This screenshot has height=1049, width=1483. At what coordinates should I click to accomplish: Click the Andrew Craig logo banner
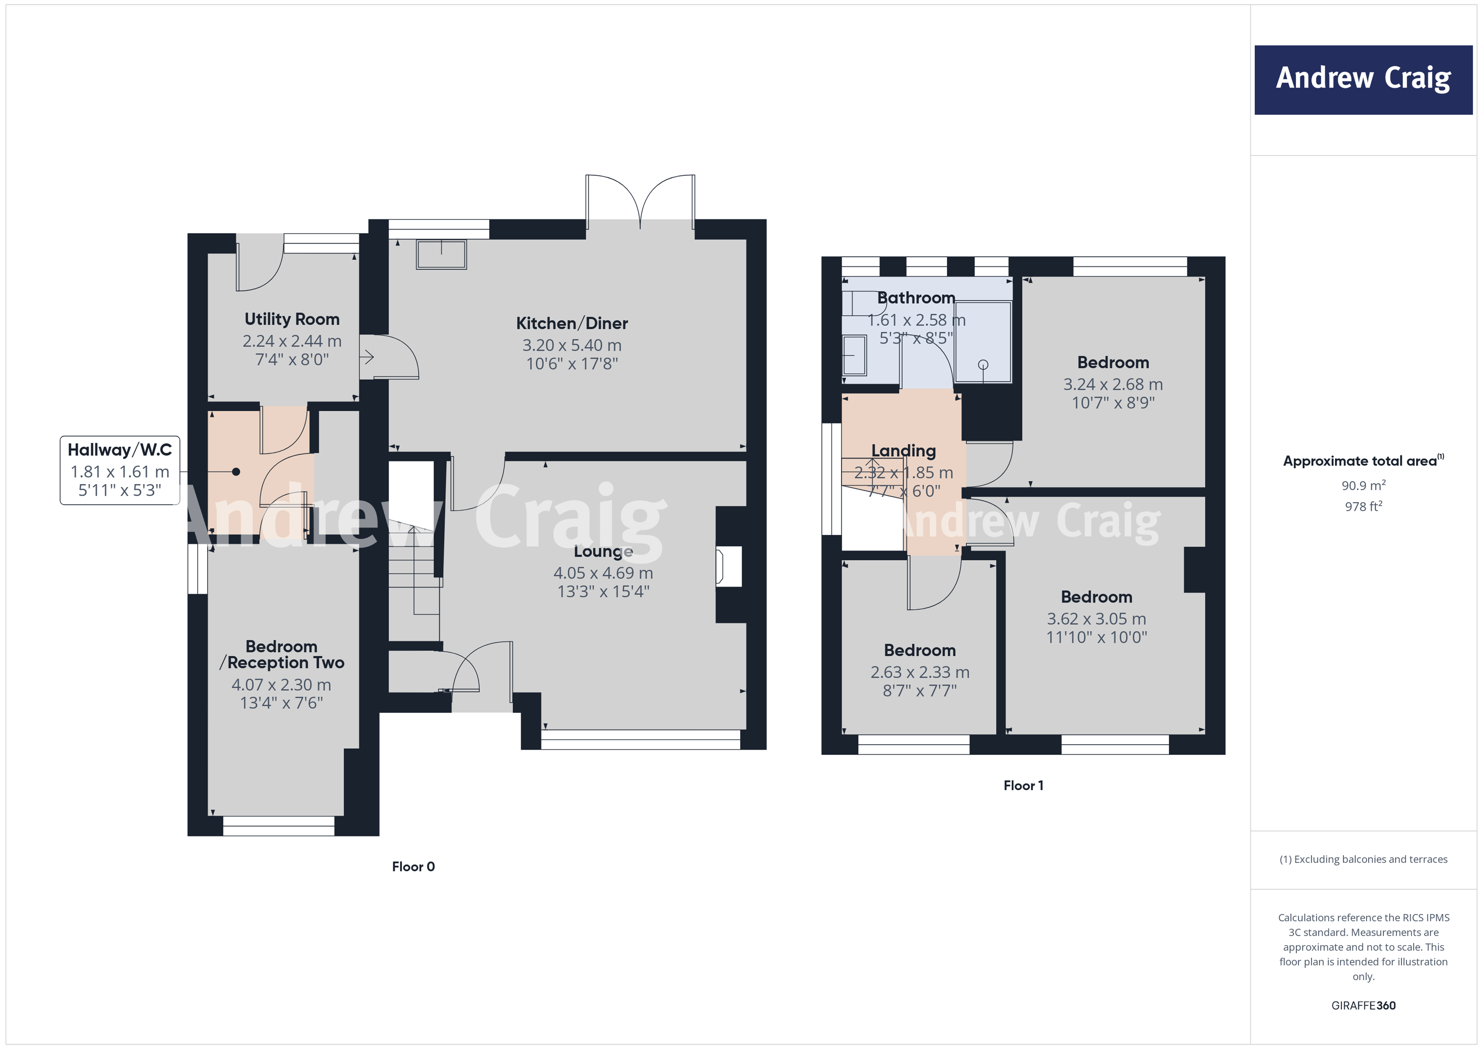[1363, 80]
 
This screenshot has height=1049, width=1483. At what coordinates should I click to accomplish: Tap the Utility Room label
[292, 319]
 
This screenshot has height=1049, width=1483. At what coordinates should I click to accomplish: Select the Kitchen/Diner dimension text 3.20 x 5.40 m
[572, 345]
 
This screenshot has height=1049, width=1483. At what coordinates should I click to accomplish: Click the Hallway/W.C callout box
[120, 470]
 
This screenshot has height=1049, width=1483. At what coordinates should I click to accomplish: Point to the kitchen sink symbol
[441, 254]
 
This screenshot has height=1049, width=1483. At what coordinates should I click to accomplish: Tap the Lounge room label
[603, 551]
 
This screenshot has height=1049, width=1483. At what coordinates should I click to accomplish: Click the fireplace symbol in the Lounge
[728, 566]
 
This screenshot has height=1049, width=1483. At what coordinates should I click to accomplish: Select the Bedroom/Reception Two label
[282, 654]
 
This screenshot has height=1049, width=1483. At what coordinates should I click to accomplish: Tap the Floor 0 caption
[413, 866]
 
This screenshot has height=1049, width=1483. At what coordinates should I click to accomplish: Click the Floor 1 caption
[1023, 786]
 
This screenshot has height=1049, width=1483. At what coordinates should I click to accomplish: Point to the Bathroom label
[915, 298]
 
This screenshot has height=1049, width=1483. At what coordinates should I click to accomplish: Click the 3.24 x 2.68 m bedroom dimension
[1112, 384]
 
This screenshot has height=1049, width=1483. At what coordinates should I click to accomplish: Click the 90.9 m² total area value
[1363, 485]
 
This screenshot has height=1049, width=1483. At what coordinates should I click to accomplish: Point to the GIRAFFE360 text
[1363, 1005]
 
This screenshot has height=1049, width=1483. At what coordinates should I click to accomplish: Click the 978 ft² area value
[1363, 507]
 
